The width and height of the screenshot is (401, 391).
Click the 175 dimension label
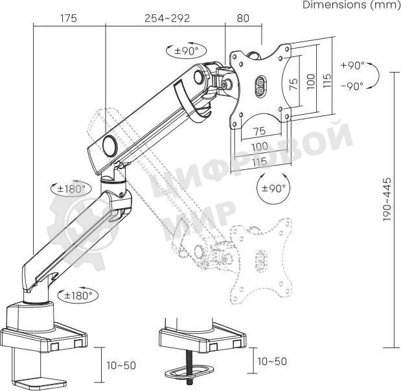coord(69,18)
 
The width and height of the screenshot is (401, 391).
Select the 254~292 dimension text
coord(167,18)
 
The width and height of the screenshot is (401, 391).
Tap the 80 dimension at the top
coord(243,18)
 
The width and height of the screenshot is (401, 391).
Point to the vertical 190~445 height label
coord(387,199)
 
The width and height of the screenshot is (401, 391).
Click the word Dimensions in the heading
coord(335,5)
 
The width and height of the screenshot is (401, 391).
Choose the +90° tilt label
coord(352,65)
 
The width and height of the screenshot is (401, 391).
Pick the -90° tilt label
coord(352,86)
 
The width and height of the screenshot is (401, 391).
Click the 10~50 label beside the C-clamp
coord(121,366)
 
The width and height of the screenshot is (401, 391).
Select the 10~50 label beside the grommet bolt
coord(272,361)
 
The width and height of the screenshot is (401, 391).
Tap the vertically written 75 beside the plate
coord(294,84)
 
